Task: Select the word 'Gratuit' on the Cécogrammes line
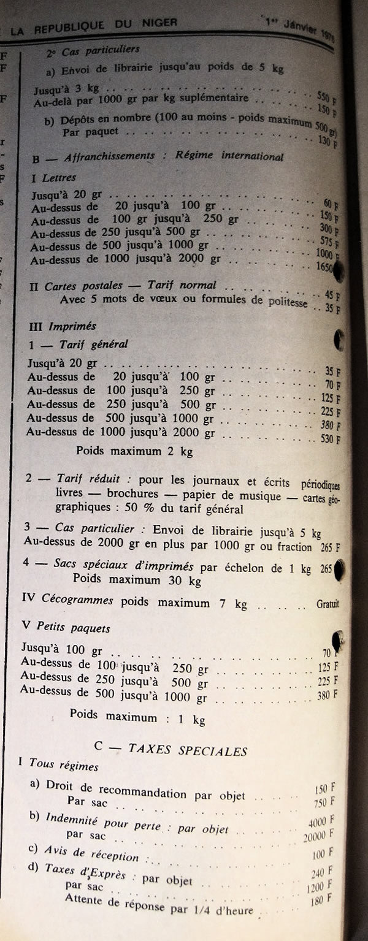[328, 604]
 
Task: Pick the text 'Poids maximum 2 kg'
[134, 451]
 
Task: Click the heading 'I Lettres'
[54, 178]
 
